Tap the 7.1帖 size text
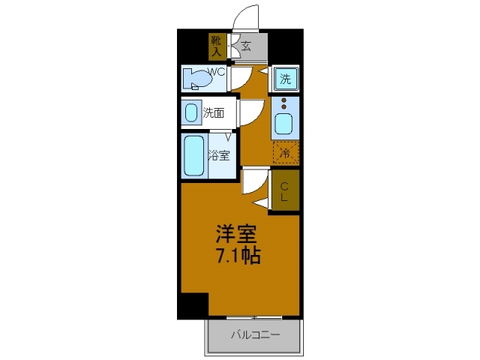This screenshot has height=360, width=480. coord(238,256)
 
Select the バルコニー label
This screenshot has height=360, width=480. coord(254,334)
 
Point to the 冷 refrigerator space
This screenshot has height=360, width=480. coord(285,152)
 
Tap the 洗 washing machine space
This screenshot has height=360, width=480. coord(285,79)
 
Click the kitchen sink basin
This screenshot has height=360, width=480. coord(285,122)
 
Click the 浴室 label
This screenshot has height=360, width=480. coord(218,156)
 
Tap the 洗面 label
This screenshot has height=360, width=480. coord(214,114)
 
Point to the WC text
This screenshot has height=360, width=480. coord(216,72)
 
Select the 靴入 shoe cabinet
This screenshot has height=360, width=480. coord(216,46)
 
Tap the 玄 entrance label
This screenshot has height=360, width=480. coord(246,46)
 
